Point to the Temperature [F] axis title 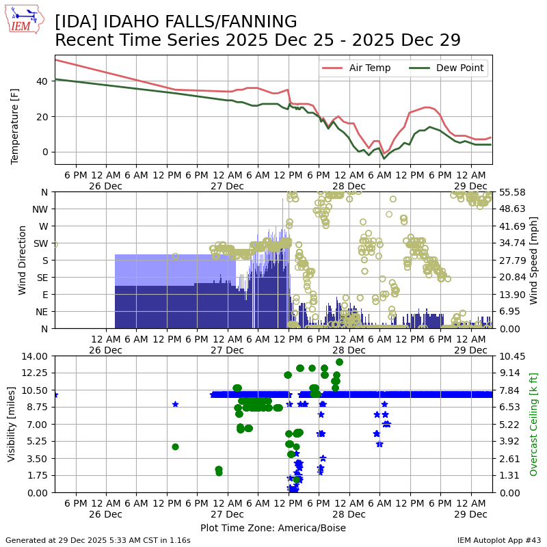point(15,110)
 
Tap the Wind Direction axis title point(23,260)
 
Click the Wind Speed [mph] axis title point(534,260)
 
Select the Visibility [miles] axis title point(12,424)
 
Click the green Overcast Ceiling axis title point(534,424)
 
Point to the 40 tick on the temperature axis point(42,81)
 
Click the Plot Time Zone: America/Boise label point(273,528)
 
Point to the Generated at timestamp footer point(98,540)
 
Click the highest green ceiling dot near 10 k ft point(339,362)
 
